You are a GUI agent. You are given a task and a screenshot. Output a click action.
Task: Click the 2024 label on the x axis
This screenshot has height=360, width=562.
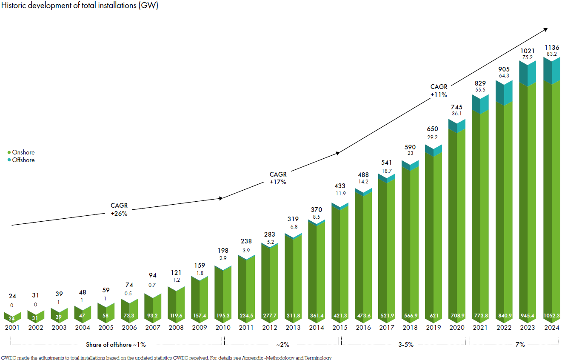point(552,328)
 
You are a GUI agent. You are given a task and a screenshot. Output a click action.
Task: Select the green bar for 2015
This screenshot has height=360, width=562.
point(340,264)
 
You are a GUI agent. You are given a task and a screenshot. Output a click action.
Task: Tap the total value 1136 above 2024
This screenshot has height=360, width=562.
point(552,47)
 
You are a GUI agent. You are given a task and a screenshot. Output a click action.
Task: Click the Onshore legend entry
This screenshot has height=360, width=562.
point(23,152)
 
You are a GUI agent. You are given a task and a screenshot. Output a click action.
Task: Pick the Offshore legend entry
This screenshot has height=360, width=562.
point(23,160)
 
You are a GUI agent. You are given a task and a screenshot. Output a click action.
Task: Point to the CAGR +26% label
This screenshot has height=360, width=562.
point(119,210)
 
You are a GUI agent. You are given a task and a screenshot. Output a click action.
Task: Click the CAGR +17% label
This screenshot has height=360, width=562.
point(278,178)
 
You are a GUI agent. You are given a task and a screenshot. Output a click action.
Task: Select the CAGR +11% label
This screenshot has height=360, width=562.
point(439,91)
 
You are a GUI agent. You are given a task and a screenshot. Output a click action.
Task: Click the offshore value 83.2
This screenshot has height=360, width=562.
point(552,54)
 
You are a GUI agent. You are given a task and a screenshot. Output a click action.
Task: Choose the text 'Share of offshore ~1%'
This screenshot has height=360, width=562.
point(116,345)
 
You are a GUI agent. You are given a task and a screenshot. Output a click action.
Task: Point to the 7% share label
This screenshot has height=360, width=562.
point(520,345)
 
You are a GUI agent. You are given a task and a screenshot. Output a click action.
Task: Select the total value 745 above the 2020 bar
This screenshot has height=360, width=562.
point(457,107)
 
